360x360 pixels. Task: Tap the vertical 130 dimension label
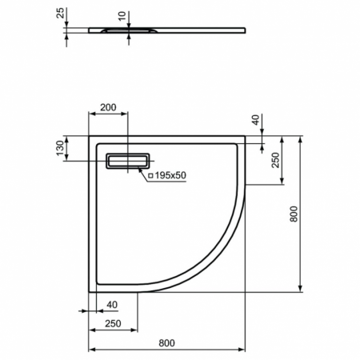pyautogui.click(x=59, y=150)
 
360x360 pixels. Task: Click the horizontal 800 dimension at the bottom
pyautogui.click(x=166, y=343)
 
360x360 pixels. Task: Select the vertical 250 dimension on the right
pyautogui.click(x=275, y=160)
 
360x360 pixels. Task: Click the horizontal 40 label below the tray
pyautogui.click(x=111, y=303)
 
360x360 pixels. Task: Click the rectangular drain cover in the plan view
pyautogui.click(x=126, y=161)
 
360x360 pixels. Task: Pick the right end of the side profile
pyautogui.click(x=244, y=30)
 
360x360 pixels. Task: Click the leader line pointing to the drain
pyautogui.click(x=142, y=170)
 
